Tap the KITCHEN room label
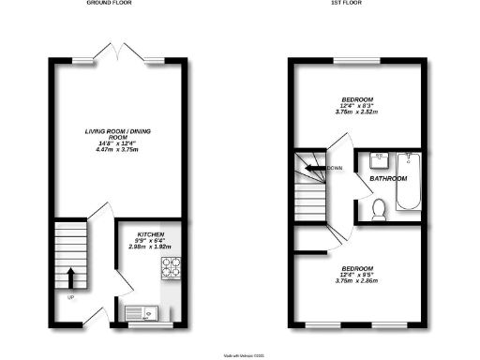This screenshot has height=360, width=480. click(x=151, y=233)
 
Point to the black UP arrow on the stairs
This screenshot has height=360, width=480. click(x=71, y=277)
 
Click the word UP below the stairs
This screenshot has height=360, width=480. click(x=70, y=299)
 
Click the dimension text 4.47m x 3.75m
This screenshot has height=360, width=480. click(x=117, y=160)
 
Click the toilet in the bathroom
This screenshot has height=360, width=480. click(x=380, y=209)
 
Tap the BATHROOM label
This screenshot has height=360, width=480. click(x=386, y=178)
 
